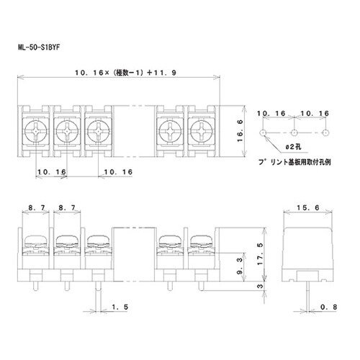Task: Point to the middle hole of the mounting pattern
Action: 294,133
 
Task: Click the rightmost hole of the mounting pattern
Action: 325,133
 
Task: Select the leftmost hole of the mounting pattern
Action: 264,133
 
